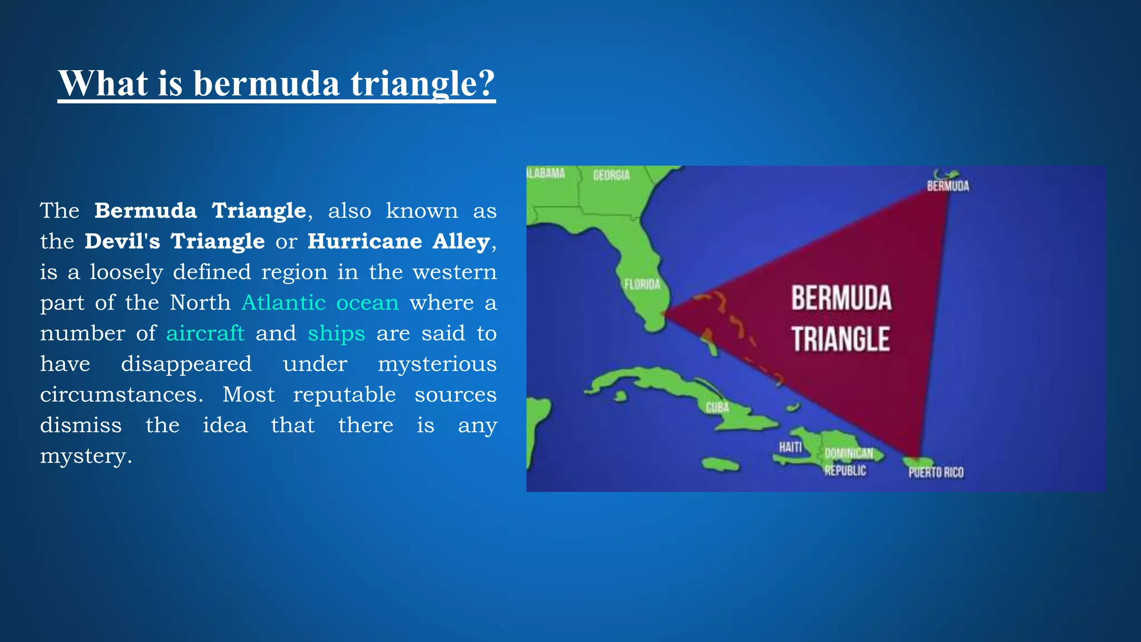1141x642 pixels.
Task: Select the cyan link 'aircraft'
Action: coord(205,333)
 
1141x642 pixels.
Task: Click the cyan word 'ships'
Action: coord(336,333)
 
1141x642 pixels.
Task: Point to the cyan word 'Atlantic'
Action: coord(284,303)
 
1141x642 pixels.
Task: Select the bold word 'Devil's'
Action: coord(122,241)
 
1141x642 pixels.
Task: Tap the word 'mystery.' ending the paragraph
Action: coord(86,456)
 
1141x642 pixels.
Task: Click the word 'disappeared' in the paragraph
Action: coord(186,364)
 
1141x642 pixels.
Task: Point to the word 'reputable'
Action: coord(344,395)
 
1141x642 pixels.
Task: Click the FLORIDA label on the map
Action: coord(642,285)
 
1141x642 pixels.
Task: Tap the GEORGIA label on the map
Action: coord(611,176)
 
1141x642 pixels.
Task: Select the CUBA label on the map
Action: coord(717,407)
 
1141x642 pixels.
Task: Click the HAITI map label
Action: coord(790,447)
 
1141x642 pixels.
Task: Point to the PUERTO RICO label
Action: coord(936,473)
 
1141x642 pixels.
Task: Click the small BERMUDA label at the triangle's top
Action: coord(948,186)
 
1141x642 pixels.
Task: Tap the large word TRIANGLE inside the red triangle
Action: coord(840,339)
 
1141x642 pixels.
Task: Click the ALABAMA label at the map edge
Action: coord(545,173)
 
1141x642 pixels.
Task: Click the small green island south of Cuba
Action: coord(720,464)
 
